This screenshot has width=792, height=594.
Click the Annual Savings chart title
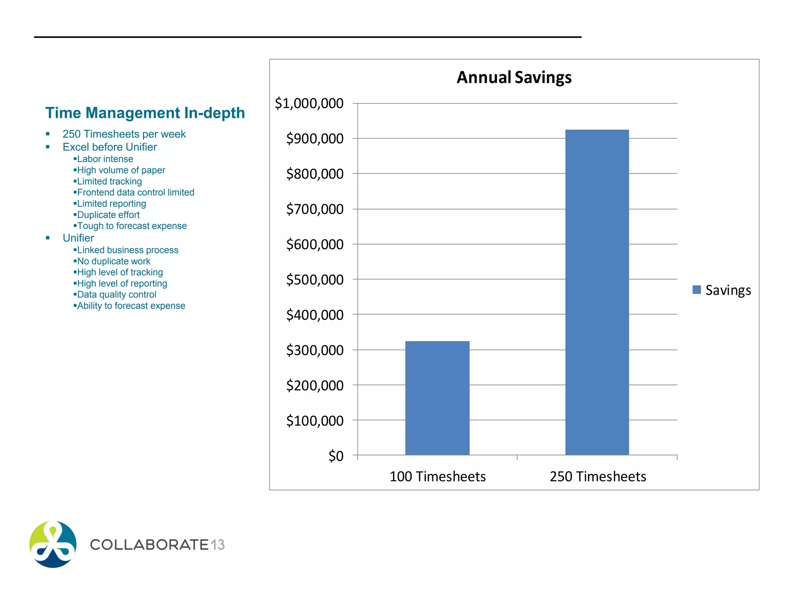point(514,77)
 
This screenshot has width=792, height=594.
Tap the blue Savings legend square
point(696,290)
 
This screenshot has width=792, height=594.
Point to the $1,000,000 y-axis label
point(309,103)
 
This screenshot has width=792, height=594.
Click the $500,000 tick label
point(314,279)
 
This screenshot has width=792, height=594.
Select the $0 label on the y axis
point(336,456)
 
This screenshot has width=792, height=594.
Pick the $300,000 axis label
point(314,350)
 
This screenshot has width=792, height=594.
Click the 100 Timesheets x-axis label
point(437,476)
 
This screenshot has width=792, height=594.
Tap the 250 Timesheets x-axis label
point(597,476)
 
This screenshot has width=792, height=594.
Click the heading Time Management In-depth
point(145,113)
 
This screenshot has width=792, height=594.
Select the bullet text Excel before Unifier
point(109,147)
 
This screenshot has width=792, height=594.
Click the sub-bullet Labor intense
point(105,159)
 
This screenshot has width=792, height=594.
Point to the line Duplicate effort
point(108,215)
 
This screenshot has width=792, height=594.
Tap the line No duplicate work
point(114,261)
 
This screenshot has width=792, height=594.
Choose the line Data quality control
point(116,295)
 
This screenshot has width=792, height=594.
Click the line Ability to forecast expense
point(131,306)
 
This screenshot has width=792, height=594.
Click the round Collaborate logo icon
point(53,544)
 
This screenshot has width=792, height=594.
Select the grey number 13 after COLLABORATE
point(218,544)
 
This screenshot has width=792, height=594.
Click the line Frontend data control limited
point(135,192)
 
